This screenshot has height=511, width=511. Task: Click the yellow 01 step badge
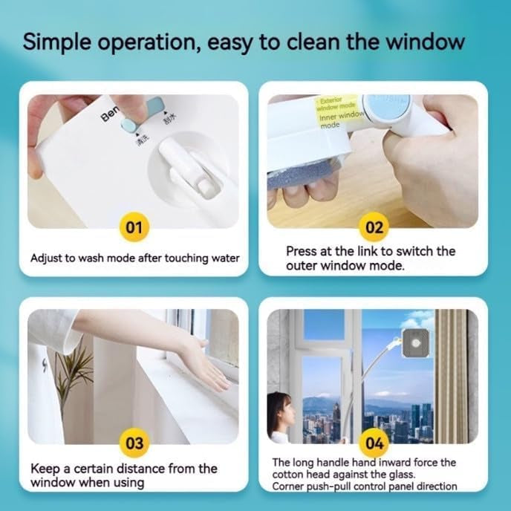click(134, 227)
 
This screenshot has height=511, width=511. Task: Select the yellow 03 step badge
click(134, 443)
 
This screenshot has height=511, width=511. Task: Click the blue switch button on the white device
click(138, 109)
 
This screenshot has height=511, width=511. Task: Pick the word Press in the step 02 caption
click(302, 251)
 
